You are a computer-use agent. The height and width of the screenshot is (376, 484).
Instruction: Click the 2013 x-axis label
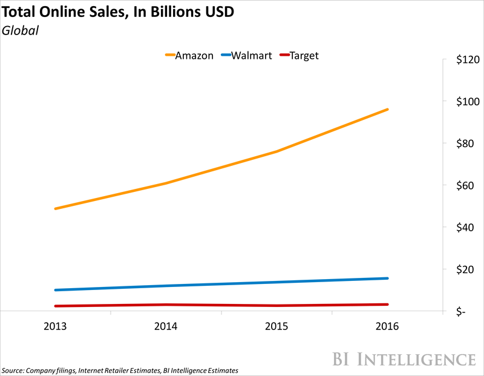click(x=55, y=326)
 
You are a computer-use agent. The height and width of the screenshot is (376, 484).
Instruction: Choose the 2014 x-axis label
click(x=166, y=326)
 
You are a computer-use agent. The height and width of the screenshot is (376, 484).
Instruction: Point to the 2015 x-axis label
click(x=276, y=326)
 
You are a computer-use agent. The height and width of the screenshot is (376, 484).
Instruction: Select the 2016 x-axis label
click(x=388, y=326)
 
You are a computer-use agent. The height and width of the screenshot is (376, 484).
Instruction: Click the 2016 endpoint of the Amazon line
click(x=388, y=110)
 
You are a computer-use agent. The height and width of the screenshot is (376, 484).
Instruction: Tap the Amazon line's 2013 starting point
click(x=55, y=208)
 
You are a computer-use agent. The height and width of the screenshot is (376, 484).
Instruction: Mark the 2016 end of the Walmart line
click(x=388, y=278)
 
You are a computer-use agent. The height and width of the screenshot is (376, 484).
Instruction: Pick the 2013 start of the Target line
click(x=55, y=306)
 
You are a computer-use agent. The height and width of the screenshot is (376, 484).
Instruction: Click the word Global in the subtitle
click(x=21, y=30)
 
